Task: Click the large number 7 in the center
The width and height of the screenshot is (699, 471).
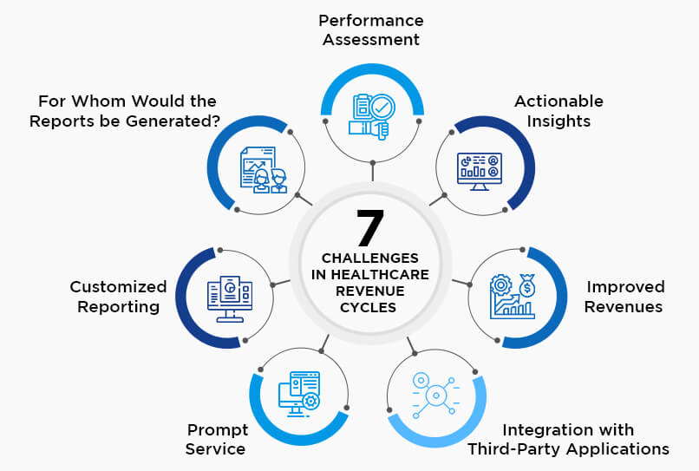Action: [370, 227]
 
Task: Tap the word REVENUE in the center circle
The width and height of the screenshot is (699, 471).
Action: [370, 291]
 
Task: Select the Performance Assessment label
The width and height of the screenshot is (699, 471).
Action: [371, 29]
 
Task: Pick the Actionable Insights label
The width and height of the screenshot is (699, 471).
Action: [559, 111]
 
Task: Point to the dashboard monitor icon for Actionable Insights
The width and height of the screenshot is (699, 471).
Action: [480, 172]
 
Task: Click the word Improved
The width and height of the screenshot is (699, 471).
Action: [625, 287]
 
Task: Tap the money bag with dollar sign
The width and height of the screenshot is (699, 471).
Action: [527, 285]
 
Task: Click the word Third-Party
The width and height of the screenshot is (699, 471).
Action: [509, 449]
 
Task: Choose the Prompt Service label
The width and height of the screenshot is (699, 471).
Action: [216, 439]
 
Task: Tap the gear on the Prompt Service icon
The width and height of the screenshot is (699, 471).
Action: [310, 402]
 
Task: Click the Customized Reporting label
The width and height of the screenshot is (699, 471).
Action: [118, 297]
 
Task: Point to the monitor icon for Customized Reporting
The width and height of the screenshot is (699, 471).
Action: [230, 298]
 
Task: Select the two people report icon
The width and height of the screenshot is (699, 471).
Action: [264, 170]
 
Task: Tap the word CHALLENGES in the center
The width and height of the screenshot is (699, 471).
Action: [370, 258]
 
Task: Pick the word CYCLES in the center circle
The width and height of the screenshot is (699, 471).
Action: [369, 308]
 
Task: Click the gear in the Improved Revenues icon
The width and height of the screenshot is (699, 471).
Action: [501, 285]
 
